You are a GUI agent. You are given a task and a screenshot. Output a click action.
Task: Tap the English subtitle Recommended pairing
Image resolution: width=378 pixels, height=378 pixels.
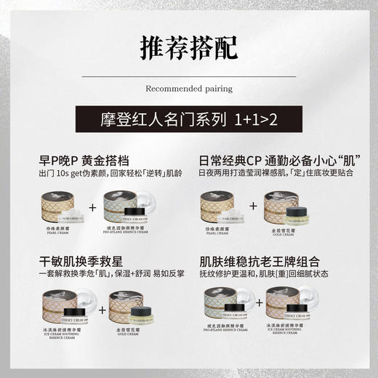(x=189, y=89)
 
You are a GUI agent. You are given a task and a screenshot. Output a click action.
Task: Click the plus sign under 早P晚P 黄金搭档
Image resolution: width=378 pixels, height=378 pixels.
(x=92, y=208)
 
